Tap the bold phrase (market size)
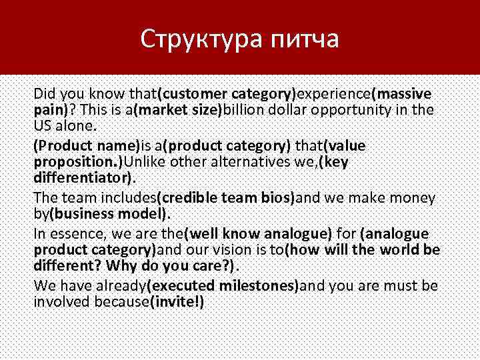(178, 109)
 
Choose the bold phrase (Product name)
(86, 146)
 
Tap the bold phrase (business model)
(109, 215)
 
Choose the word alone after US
(77, 125)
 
